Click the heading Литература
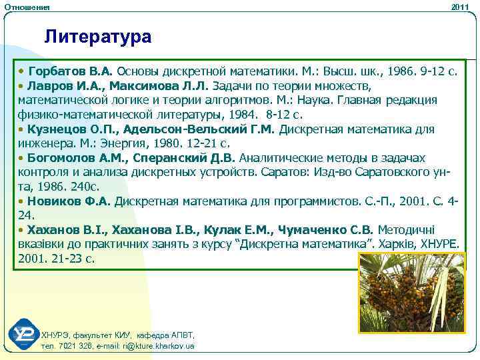point(98,36)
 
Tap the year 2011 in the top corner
point(460,7)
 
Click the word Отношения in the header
point(27,7)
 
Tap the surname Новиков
point(55,201)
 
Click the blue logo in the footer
point(24,335)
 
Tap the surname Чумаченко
point(310,229)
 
